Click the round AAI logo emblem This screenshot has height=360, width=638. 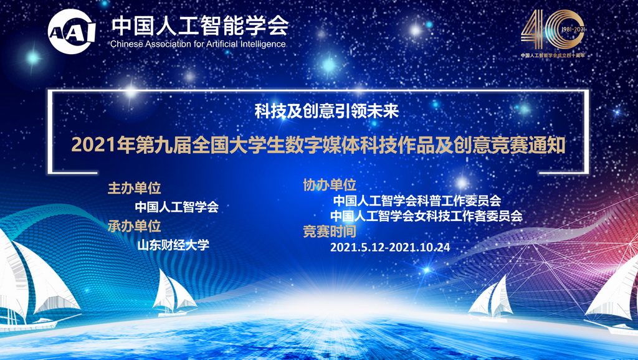tap(72, 31)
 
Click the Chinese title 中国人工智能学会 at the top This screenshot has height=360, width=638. tap(199, 25)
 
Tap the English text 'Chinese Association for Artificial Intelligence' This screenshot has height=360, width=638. tap(198, 44)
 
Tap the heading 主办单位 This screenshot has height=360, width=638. tap(134, 189)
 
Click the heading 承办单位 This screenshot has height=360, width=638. tap(134, 225)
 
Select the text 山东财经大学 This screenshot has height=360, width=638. tap(173, 244)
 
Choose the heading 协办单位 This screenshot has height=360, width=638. tap(329, 185)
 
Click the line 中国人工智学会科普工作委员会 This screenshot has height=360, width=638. tap(417, 201)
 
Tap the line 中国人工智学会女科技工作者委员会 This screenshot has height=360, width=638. tap(426, 216)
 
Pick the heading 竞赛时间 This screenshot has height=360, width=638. tap(329, 232)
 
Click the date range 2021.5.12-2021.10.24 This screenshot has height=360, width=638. tap(389, 247)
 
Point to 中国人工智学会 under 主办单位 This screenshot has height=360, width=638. tap(177, 207)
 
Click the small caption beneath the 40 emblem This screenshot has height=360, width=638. tap(553, 55)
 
